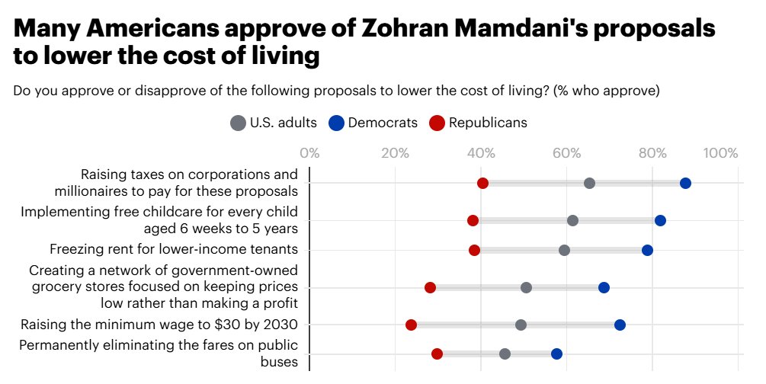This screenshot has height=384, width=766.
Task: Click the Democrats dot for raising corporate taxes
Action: (x=685, y=183)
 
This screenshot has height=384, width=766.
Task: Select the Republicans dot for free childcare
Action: (x=473, y=220)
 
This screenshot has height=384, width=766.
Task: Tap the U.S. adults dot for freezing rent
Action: (x=564, y=250)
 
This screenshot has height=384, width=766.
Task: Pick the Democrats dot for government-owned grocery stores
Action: (x=604, y=287)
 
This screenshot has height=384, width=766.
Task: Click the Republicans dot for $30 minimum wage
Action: (x=411, y=325)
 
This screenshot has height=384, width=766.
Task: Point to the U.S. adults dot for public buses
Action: (x=505, y=354)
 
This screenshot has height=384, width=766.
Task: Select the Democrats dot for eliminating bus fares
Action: (x=556, y=354)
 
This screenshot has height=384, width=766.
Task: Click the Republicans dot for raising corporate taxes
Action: (x=482, y=183)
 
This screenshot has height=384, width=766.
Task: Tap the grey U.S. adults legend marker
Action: (x=238, y=123)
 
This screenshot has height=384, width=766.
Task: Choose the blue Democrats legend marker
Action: (x=336, y=123)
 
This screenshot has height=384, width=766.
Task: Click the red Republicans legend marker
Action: (x=437, y=123)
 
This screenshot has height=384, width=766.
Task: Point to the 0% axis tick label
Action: (x=309, y=153)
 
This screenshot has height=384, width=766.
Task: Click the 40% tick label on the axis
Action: (x=481, y=153)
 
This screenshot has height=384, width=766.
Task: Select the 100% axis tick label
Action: (x=721, y=153)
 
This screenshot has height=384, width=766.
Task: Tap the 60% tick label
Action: (x=567, y=153)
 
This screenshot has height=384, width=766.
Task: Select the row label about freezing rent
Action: (x=174, y=249)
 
